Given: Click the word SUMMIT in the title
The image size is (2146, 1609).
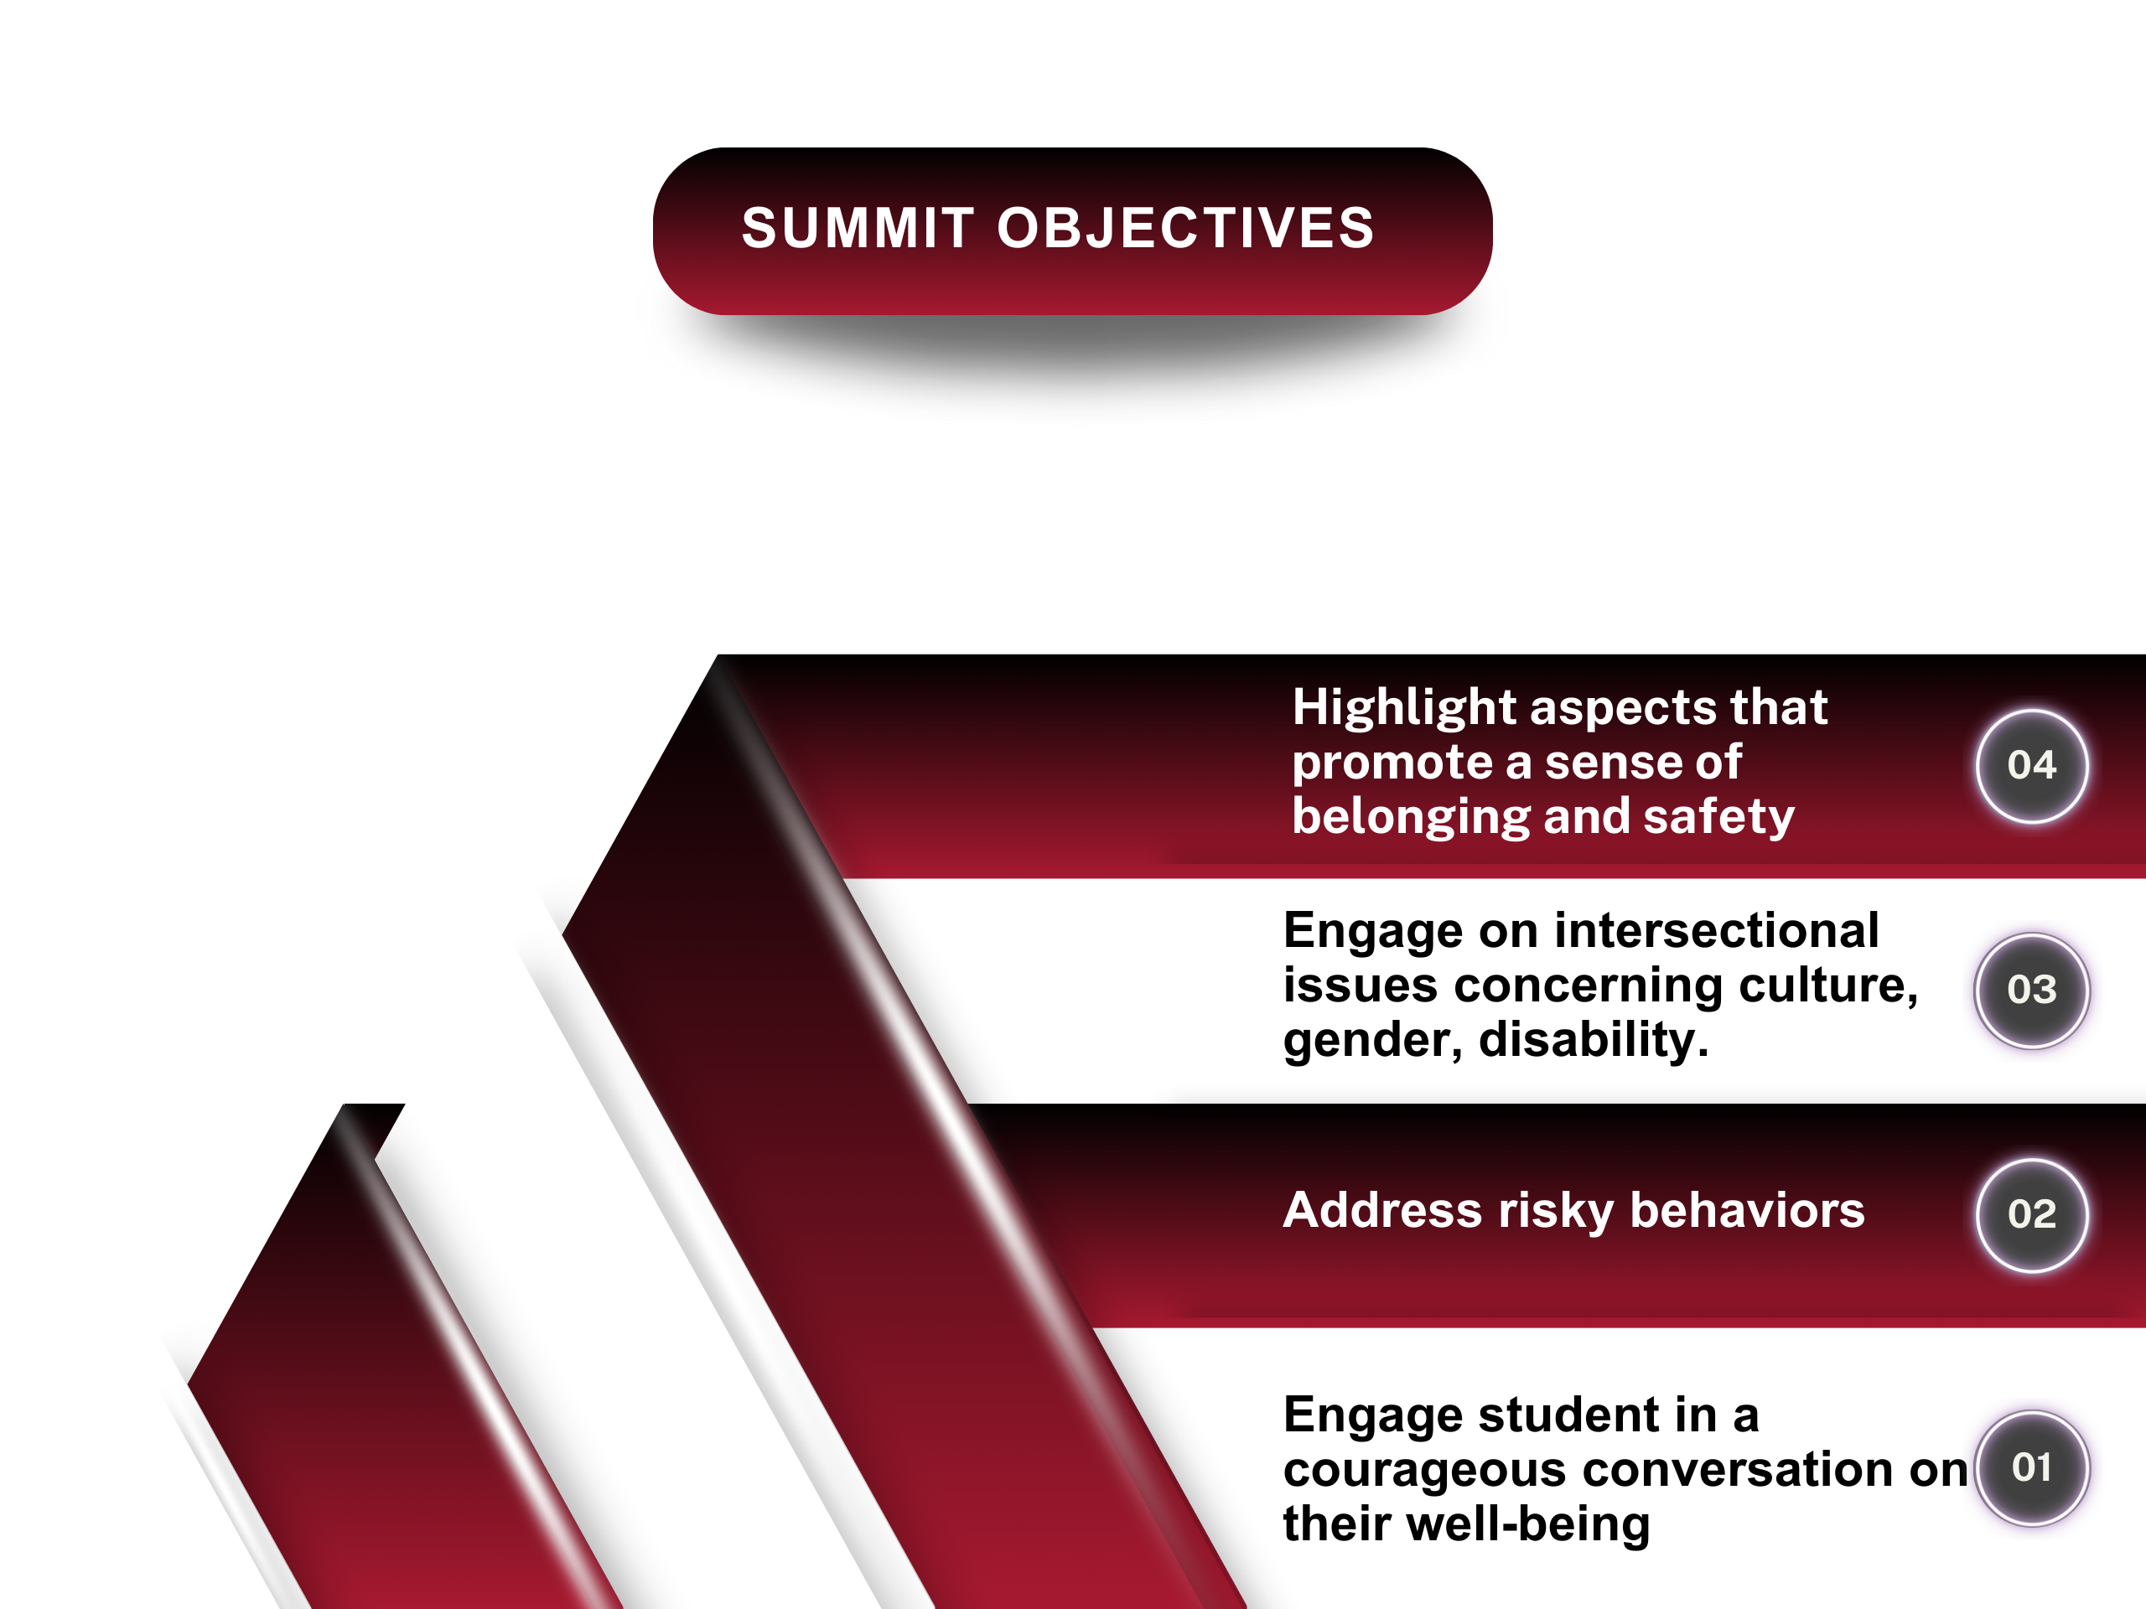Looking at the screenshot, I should pyautogui.click(x=858, y=229).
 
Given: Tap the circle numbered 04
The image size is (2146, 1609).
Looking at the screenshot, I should pyautogui.click(x=2031, y=765).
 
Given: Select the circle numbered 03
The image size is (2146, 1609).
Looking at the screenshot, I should pyautogui.click(x=2031, y=989).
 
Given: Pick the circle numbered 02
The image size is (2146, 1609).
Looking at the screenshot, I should pyautogui.click(x=2031, y=1214).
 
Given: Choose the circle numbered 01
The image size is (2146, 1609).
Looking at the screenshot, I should pyautogui.click(x=2031, y=1467).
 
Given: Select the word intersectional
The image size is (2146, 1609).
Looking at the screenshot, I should pyautogui.click(x=1717, y=931).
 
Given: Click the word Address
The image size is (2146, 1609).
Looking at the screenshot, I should pyautogui.click(x=1382, y=1210).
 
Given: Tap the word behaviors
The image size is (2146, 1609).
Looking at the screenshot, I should pyautogui.click(x=1747, y=1210).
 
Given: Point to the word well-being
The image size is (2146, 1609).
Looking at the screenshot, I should pyautogui.click(x=1527, y=1524).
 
